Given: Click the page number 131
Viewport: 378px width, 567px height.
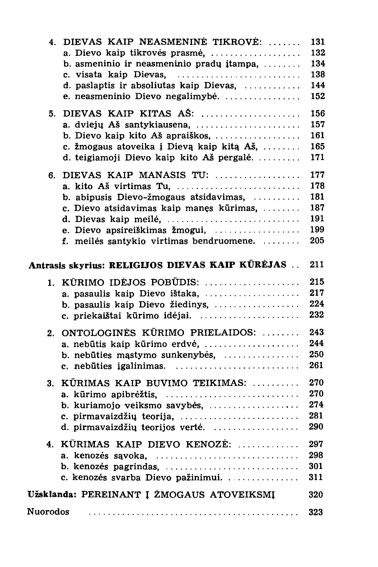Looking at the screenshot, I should coord(318,42).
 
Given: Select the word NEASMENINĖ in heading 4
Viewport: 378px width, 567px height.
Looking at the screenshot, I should coord(173,42).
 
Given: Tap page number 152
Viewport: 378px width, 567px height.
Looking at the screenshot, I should coord(318,96).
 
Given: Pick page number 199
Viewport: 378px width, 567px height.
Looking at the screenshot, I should coord(318,229).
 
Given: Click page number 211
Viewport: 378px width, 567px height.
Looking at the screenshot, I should coord(317,265).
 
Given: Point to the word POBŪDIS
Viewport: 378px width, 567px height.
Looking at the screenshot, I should coord(175,282).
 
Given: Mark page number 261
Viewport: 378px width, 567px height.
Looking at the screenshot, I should coord(317,366).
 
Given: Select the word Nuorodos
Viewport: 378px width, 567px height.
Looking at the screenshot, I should coord(48,512).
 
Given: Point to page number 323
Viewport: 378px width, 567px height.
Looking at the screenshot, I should coord(316,512).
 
